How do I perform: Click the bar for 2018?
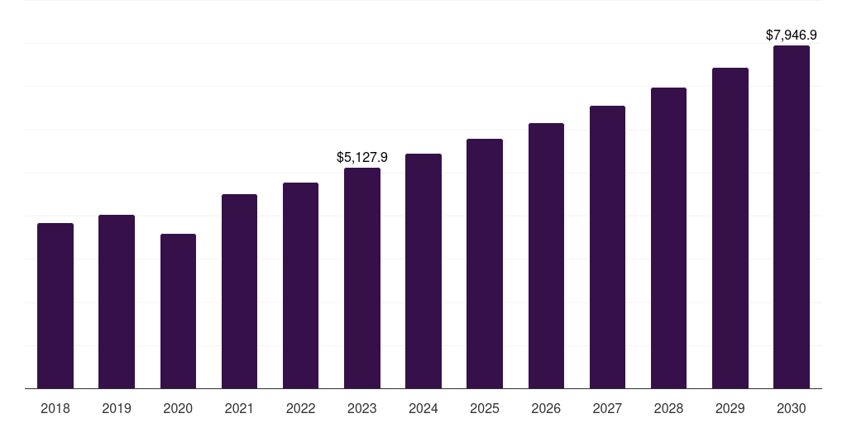tap(55, 306)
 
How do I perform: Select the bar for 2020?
tap(178, 311)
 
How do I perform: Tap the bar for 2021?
tap(239, 291)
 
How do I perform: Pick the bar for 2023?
tap(362, 278)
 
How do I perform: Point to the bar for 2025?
tap(485, 264)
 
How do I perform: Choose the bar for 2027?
tap(607, 247)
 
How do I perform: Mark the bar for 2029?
tap(730, 228)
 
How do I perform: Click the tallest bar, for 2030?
tap(792, 216)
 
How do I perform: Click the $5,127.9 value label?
tap(362, 157)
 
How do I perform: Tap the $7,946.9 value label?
tap(792, 35)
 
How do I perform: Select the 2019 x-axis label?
tap(117, 408)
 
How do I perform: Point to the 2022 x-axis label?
tap(301, 408)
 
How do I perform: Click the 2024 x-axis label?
tap(423, 408)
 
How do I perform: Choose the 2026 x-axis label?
tap(546, 408)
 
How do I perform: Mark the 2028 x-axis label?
tap(668, 408)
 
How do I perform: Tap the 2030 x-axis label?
tap(792, 408)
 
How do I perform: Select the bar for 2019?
tap(117, 302)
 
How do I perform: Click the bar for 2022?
tap(301, 285)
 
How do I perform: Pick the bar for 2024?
tap(423, 271)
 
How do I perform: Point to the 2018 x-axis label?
tap(55, 408)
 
